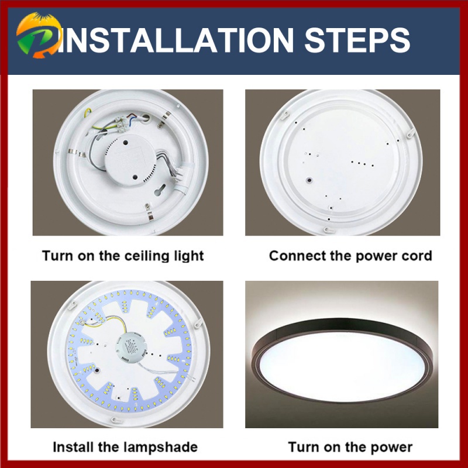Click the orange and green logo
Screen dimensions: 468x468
39,35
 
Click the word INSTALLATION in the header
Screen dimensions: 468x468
176,40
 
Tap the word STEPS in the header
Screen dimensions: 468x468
357,40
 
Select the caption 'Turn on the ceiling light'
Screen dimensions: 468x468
123,256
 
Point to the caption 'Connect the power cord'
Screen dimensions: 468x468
350,256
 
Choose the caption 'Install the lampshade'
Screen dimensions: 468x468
125,447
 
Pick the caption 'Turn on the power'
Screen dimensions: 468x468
350,447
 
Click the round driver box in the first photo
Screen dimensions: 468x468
130,160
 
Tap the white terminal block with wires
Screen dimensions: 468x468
123,123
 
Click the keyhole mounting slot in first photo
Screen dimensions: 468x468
160,190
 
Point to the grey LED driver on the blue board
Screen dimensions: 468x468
131,347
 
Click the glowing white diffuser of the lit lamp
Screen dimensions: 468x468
342,367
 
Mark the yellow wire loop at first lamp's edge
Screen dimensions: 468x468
87,112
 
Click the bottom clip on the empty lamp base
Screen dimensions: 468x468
329,230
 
